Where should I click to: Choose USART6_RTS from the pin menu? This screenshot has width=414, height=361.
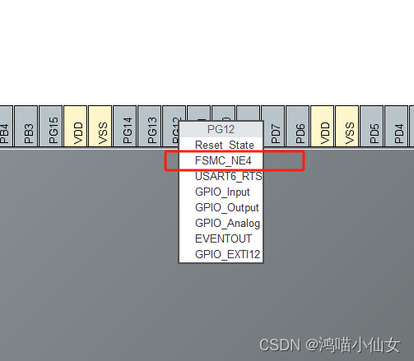pos(229,176)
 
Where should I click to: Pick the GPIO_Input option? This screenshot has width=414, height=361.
pos(222,192)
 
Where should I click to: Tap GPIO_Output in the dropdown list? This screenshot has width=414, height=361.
pos(227,207)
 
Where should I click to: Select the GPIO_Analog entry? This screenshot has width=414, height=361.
pos(227,223)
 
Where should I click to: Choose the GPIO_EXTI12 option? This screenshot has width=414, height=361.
pos(227,254)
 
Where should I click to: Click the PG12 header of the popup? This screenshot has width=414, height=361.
pos(221,129)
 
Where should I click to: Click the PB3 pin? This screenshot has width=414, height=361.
pos(28,128)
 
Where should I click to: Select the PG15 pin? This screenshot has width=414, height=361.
pos(53,128)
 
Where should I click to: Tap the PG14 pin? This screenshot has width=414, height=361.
pos(127,128)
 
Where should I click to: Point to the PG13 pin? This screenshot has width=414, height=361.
pos(151,128)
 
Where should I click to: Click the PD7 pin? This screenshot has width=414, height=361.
pos(275,128)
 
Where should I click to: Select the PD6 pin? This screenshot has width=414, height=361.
pos(300,128)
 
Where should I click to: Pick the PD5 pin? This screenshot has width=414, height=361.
pos(374,128)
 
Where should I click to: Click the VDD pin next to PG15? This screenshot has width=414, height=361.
pos(77,128)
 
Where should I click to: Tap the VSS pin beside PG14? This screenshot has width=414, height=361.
pos(102,128)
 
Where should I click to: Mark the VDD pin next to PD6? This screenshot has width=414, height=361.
pos(324,128)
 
